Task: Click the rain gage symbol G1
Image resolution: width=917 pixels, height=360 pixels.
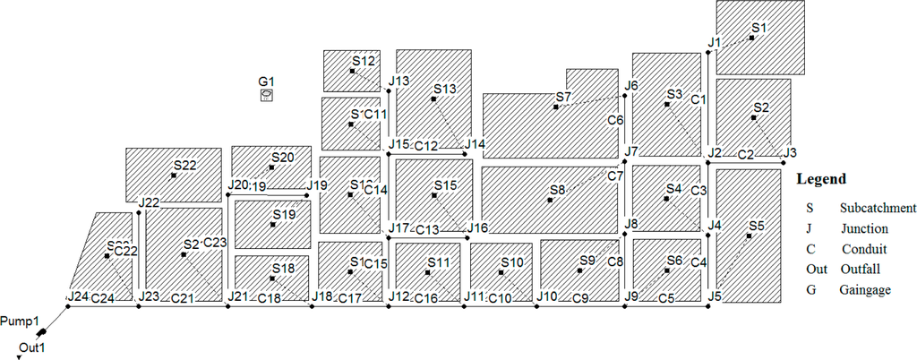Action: [x=267, y=95]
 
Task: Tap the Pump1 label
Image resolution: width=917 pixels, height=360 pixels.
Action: [x=19, y=321]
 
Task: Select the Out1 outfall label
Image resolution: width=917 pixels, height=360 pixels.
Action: [x=32, y=347]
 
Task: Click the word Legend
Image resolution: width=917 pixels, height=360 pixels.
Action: [x=821, y=179]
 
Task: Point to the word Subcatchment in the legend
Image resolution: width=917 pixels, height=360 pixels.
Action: [x=878, y=208]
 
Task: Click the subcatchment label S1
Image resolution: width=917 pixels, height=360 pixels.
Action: [x=759, y=29]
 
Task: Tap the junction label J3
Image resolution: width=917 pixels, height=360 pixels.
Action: [x=790, y=152]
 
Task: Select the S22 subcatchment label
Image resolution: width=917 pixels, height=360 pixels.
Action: [x=184, y=165]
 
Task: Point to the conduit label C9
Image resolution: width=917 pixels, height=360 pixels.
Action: [x=580, y=297]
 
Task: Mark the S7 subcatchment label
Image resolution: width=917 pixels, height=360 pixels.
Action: [x=563, y=97]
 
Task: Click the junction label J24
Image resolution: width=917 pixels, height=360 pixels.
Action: [x=77, y=296]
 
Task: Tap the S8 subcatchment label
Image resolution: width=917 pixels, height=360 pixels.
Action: [x=558, y=190]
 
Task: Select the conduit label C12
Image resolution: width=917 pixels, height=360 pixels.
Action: [x=426, y=146]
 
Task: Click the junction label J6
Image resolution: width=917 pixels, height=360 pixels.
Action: [x=631, y=86]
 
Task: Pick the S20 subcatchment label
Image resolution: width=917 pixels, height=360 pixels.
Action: [x=282, y=158]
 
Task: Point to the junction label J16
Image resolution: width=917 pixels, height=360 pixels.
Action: [x=477, y=228]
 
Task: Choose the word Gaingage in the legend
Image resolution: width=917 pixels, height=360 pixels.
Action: [x=865, y=290]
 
